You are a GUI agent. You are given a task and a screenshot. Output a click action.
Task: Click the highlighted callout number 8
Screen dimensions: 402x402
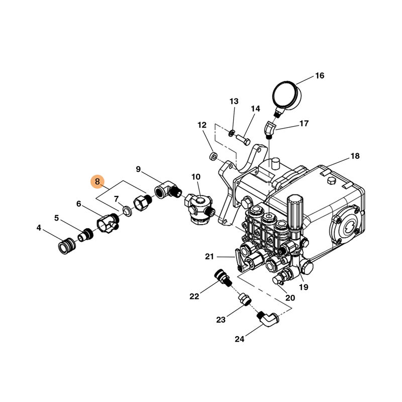coord(97,181)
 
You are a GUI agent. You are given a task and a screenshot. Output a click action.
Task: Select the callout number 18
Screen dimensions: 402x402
coord(355,156)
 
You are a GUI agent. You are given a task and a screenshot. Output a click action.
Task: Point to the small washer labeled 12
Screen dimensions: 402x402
coord(213,157)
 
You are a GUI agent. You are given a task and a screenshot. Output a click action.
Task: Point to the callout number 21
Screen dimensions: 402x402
coord(210,257)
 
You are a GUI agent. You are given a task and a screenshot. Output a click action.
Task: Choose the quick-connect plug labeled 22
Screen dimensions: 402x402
coord(222,277)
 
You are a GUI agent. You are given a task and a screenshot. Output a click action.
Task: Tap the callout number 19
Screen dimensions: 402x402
coord(304,287)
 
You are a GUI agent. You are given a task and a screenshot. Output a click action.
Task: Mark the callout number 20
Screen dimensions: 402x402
coord(290,297)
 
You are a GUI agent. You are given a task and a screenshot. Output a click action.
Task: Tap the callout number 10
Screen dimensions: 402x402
coord(195,177)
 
